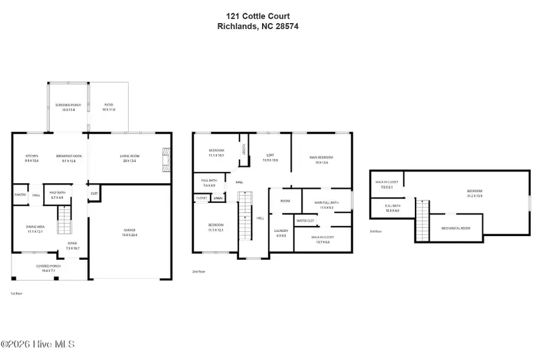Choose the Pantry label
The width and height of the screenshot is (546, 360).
(x=19, y=195)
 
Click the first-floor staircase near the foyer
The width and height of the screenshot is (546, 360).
(x=64, y=220)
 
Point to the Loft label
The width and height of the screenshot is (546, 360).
(x=270, y=157)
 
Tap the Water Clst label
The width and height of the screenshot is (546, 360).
(x=305, y=220)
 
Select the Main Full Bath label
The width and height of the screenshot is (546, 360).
(x=326, y=205)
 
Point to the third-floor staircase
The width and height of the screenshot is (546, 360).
(x=422, y=222)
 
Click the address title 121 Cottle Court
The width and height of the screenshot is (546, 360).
(x=257, y=16)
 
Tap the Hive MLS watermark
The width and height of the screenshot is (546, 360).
(x=38, y=344)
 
